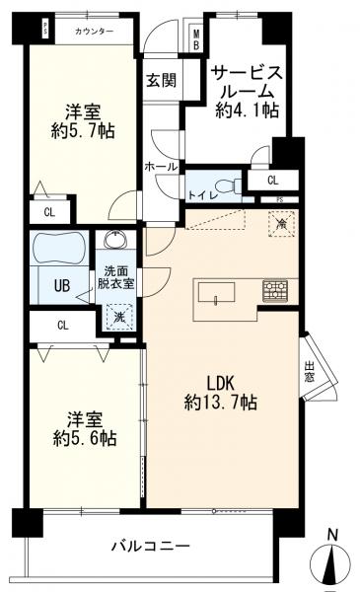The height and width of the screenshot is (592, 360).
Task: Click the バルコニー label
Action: click(149, 544)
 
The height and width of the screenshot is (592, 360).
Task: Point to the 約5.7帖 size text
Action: click(83, 129)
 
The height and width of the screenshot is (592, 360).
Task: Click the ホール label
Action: click(160, 167)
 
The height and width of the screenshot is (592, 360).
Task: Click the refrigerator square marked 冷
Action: click(280, 225)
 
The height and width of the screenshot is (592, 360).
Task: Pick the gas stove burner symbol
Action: click(274, 291)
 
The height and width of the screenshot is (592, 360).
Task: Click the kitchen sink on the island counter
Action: click(216, 291)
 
